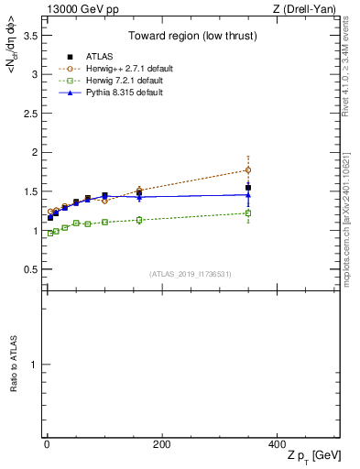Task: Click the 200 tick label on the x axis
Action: click(x=161, y=444)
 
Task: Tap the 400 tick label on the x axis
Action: click(x=277, y=444)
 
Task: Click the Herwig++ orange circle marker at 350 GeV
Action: click(x=248, y=169)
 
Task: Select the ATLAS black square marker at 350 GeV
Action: click(x=248, y=188)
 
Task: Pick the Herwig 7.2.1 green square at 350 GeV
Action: click(x=248, y=213)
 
